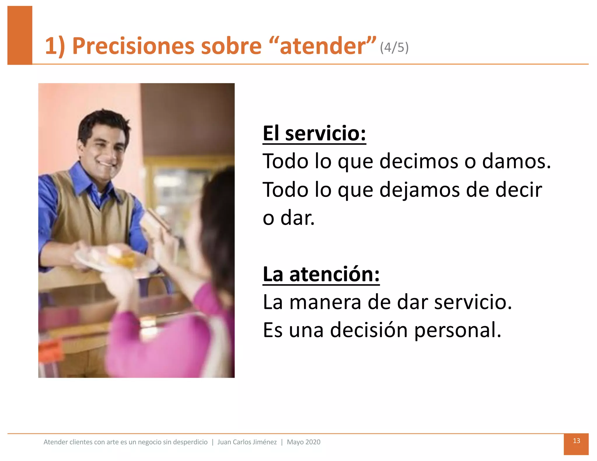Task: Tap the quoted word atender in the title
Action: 322,46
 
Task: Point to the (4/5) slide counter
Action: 394,47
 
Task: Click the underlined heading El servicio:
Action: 314,133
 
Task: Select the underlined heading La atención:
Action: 321,274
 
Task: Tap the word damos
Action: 516,161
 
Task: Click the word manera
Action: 325,302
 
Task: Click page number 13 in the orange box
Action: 576,441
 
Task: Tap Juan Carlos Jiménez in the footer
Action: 247,442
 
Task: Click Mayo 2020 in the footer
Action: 303,442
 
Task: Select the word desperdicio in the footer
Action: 190,442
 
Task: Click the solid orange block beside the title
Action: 20,35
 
